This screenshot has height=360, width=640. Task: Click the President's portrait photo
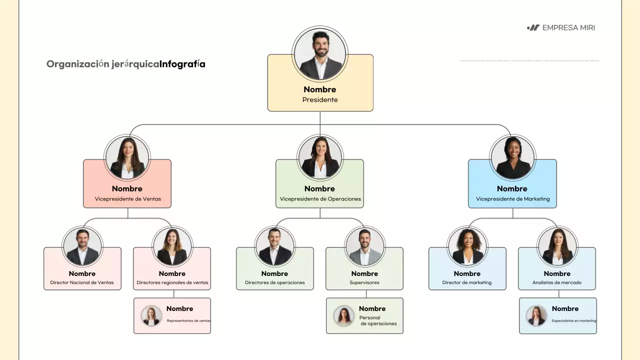[320, 54]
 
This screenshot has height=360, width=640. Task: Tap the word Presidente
[320, 100]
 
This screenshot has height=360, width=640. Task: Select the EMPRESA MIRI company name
[568, 28]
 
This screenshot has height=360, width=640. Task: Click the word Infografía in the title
[182, 64]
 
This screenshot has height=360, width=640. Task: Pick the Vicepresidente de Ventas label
[128, 199]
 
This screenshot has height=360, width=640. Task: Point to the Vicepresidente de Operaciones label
[320, 199]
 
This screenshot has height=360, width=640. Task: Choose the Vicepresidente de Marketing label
[512, 199]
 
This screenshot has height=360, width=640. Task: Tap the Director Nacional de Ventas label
[82, 282]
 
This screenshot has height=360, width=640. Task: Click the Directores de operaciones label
[274, 282]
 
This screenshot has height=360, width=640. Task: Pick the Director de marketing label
[466, 282]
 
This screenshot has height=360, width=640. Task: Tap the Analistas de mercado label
[557, 282]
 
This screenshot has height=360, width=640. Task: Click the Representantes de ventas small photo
[151, 316]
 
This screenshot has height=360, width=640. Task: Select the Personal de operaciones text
[378, 320]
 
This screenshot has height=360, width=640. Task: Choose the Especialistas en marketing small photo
[536, 316]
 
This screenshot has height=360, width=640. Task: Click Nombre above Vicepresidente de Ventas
[127, 188]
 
